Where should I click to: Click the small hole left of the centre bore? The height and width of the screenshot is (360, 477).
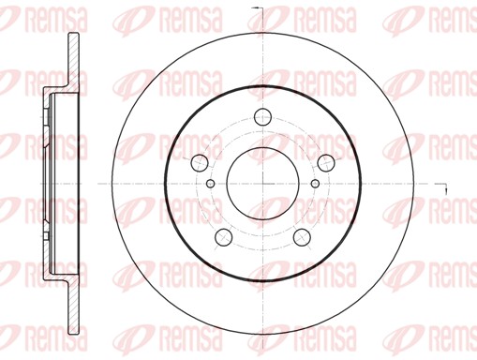pos(210,183)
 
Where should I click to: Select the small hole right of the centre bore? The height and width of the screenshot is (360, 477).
pos(315,183)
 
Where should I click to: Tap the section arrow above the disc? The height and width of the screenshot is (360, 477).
pos(263,10)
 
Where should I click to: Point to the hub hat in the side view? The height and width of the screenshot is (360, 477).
pos(49,183)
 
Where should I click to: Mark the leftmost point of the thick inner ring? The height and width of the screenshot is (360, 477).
pos(165,183)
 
